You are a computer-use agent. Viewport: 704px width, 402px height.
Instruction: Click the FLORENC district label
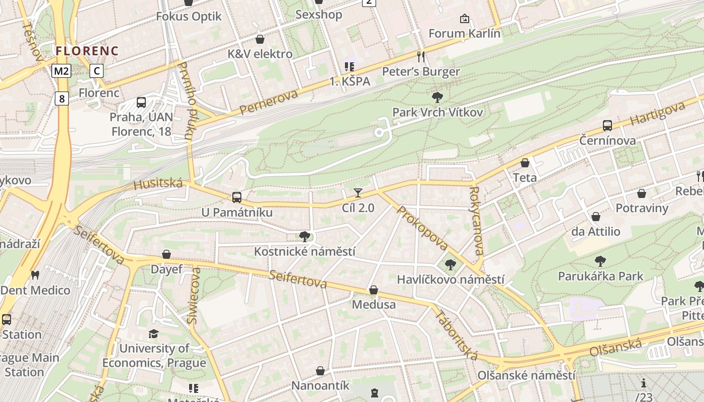pyautogui.click(x=87, y=51)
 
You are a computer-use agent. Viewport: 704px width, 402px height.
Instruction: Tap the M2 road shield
pyautogui.click(x=61, y=71)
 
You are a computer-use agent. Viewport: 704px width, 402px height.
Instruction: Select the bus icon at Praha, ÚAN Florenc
pyautogui.click(x=141, y=103)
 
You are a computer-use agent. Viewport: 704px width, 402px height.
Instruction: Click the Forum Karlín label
pyautogui.click(x=464, y=34)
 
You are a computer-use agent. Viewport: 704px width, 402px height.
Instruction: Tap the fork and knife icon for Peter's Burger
pyautogui.click(x=421, y=56)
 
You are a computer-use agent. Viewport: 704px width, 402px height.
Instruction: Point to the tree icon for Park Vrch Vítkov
pyautogui.click(x=437, y=97)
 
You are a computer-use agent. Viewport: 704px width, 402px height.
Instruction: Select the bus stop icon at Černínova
pyautogui.click(x=607, y=126)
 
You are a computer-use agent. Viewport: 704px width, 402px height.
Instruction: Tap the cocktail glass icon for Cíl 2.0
pyautogui.click(x=358, y=192)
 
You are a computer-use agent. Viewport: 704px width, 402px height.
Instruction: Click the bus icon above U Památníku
pyautogui.click(x=237, y=197)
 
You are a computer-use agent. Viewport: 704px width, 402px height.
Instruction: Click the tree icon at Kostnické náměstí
pyautogui.click(x=304, y=236)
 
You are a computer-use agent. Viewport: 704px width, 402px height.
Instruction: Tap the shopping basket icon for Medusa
pyautogui.click(x=374, y=290)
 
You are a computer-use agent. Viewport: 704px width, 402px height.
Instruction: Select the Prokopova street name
pyautogui.click(x=421, y=228)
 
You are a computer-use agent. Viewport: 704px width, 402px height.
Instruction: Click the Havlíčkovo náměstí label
pyautogui.click(x=451, y=279)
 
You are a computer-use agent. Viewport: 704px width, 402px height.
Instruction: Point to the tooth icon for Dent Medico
pyautogui.click(x=35, y=275)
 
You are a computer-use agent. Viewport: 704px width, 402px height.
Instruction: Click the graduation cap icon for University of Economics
pyautogui.click(x=153, y=334)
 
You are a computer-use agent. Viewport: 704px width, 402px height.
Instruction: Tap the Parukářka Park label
pyautogui.click(x=600, y=276)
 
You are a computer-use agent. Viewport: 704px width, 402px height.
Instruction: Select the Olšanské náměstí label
pyautogui.click(x=526, y=375)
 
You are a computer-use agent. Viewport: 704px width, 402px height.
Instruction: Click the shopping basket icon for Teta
pyautogui.click(x=525, y=163)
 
